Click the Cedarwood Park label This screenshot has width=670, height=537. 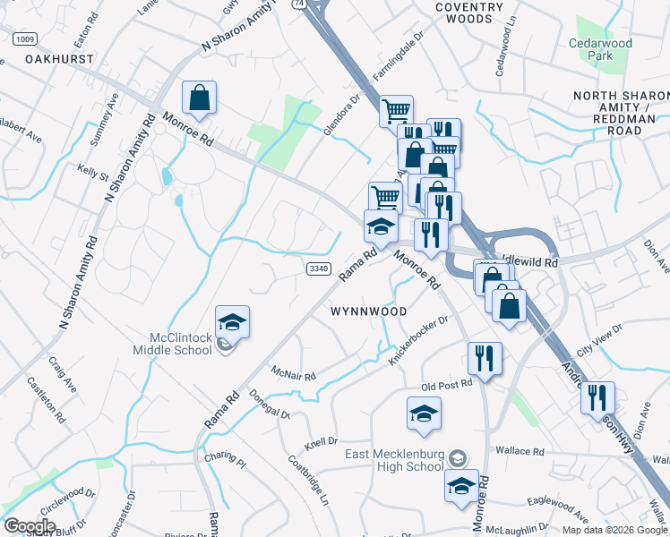(x=599, y=49)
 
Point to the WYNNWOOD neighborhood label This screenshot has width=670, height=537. (x=369, y=311)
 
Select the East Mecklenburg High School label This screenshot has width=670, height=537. (x=396, y=460)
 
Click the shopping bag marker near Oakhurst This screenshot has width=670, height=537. (x=199, y=98)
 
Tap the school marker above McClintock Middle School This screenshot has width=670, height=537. (x=232, y=321)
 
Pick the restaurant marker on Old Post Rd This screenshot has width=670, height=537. (x=485, y=358)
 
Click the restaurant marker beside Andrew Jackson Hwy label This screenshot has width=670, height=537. (x=597, y=397)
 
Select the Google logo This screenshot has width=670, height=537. (x=30, y=526)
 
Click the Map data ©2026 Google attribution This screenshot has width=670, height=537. (x=614, y=530)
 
